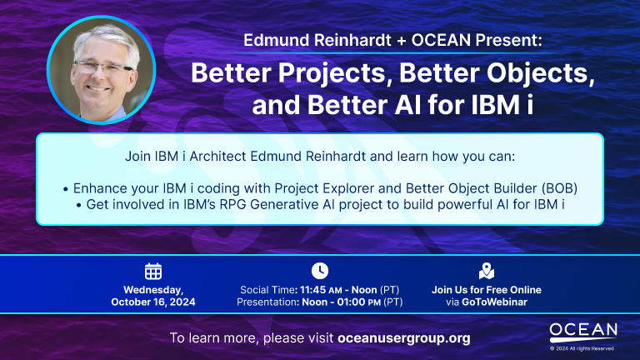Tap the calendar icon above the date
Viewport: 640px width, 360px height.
[x=153, y=271]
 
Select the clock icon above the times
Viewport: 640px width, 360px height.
[x=320, y=270]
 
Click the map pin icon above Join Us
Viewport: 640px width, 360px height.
[x=487, y=271]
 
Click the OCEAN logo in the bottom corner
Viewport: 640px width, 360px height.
[x=583, y=331]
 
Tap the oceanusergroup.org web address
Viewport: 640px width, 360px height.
[x=404, y=338]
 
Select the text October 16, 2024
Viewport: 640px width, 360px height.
[x=153, y=302]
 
